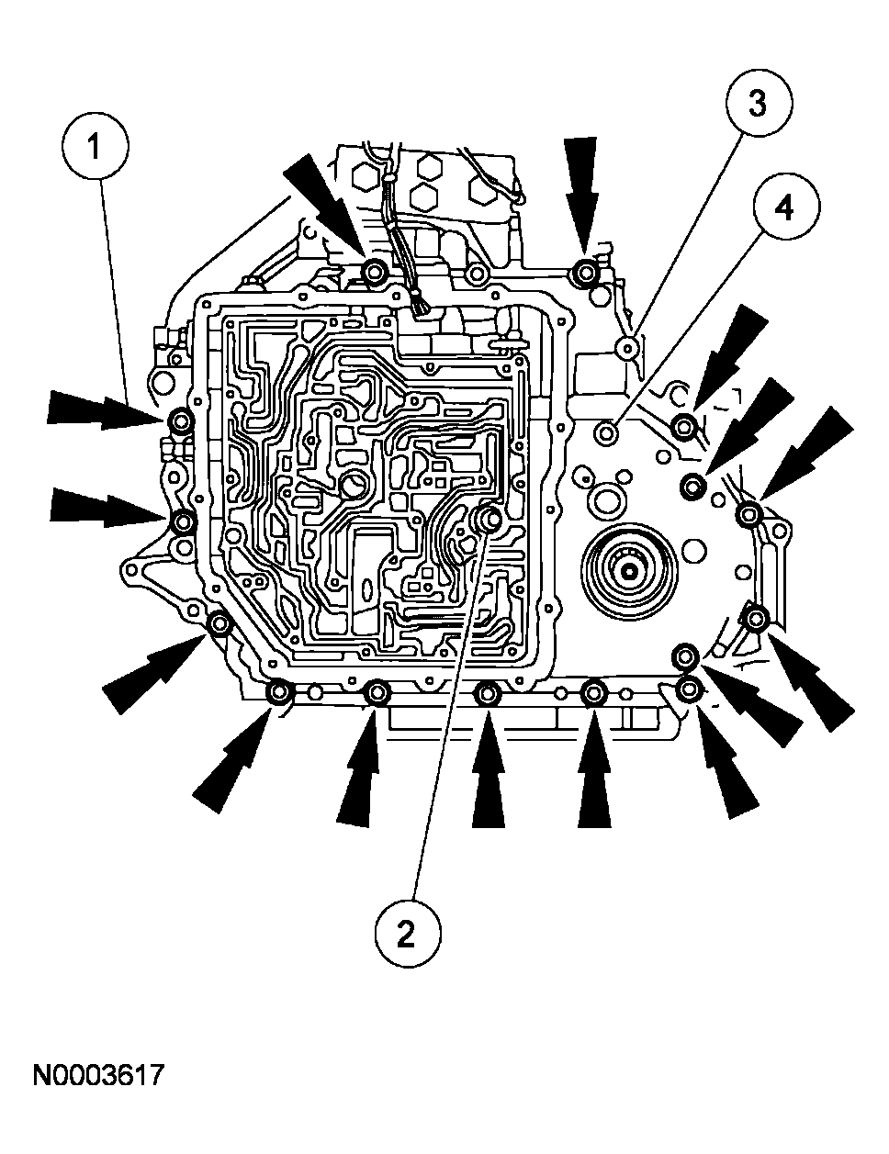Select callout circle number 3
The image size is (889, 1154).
click(758, 104)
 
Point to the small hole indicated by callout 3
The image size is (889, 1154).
click(627, 347)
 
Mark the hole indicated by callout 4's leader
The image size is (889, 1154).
click(606, 431)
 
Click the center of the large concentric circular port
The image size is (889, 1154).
click(630, 571)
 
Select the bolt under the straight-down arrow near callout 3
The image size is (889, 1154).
click(583, 273)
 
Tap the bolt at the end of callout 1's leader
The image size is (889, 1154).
click(181, 421)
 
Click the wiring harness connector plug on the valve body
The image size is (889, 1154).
click(423, 311)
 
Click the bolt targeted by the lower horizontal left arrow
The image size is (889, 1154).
click(184, 521)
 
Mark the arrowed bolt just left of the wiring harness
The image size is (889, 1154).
click(375, 272)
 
